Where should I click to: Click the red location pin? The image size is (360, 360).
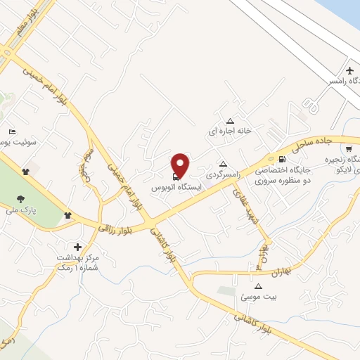click(x=181, y=165)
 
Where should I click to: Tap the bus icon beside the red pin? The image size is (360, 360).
click(x=174, y=176)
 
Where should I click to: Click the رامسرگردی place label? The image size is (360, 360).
click(x=224, y=173)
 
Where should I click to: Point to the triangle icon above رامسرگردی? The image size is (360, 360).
click(x=223, y=164)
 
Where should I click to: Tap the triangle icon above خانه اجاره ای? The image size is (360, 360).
click(x=230, y=121)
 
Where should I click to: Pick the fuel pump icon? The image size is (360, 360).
click(x=281, y=159)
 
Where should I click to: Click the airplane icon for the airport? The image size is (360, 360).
click(x=350, y=70)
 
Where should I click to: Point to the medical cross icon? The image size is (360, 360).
click(x=77, y=247)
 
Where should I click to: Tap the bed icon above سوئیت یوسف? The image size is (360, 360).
click(x=11, y=132)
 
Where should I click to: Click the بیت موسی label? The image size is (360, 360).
click(x=259, y=297)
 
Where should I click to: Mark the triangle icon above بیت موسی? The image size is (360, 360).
click(x=258, y=287)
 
